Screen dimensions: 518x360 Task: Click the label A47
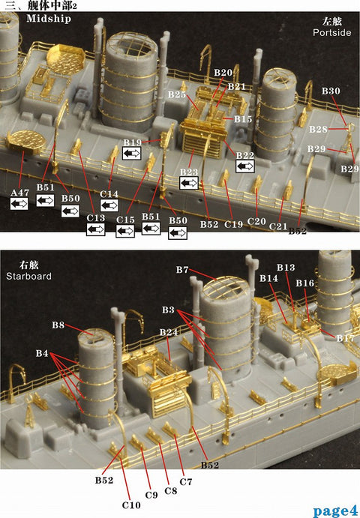pyautogui.click(x=19, y=193)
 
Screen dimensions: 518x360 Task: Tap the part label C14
pyautogui.click(x=109, y=194)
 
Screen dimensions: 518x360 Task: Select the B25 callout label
pyautogui.click(x=176, y=94)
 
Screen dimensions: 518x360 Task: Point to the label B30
pyautogui.click(x=331, y=91)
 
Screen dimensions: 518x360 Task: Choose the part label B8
pyautogui.click(x=58, y=325)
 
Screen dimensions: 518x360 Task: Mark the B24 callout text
pyautogui.click(x=168, y=332)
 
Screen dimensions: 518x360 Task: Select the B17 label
pyautogui.click(x=345, y=339)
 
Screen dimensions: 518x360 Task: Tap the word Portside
pyautogui.click(x=331, y=33)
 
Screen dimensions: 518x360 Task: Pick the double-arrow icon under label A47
pyautogui.click(x=19, y=203)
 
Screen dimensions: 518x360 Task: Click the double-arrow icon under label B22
pyautogui.click(x=245, y=166)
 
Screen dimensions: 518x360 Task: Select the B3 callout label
pyautogui.click(x=169, y=310)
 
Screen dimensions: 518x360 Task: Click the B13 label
pyautogui.click(x=286, y=268)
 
